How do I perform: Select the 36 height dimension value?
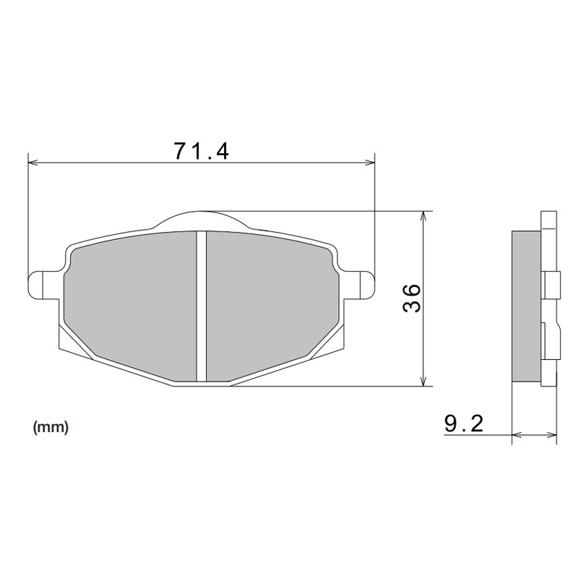coord(410,298)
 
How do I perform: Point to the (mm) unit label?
coord(51,427)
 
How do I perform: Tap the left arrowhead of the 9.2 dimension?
coord(516,435)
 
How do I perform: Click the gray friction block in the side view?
coord(525,307)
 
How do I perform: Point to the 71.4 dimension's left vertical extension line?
coord(27,217)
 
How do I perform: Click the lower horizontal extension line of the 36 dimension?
coord(325,387)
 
